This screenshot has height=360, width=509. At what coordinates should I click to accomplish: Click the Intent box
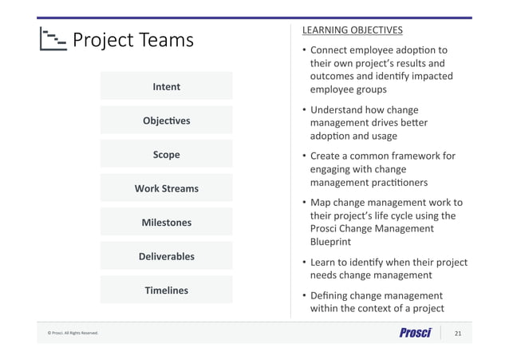(x=166, y=86)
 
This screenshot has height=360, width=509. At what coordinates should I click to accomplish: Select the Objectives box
(x=166, y=121)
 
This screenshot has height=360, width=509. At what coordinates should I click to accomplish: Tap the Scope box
(x=166, y=154)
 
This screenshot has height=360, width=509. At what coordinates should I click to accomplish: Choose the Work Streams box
(x=166, y=188)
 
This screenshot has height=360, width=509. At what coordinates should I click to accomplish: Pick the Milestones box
(x=166, y=223)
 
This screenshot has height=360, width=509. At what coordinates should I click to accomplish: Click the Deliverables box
(x=166, y=256)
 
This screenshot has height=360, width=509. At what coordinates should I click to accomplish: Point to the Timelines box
(x=166, y=291)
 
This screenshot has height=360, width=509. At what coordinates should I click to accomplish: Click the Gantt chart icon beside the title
(x=53, y=40)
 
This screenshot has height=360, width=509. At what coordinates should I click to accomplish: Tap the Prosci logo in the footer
(x=414, y=333)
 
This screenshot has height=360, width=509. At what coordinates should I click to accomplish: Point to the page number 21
(x=458, y=333)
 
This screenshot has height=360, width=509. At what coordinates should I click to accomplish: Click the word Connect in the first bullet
(x=333, y=50)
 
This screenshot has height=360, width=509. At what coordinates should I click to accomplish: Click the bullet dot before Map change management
(x=304, y=203)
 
